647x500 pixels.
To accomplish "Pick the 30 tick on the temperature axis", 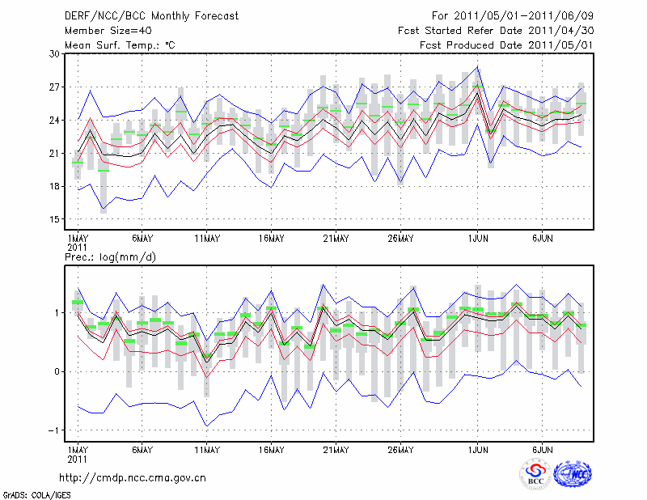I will (55, 53).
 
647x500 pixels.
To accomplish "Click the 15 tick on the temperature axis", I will (55, 219).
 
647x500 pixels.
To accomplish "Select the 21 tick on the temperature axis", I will (55, 153).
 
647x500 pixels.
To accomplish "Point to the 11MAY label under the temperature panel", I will (207, 238).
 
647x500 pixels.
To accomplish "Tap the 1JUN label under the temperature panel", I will (479, 238).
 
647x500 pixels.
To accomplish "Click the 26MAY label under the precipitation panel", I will (400, 448).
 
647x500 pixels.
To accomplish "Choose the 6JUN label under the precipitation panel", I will (543, 448).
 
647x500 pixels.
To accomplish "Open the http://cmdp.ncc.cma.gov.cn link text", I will (133, 477).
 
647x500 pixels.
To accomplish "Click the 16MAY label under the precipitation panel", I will (271, 448).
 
